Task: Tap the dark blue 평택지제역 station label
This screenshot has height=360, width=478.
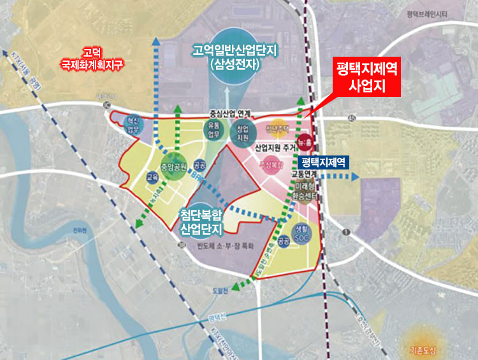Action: click(323, 162)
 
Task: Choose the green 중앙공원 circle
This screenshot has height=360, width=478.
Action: click(173, 168)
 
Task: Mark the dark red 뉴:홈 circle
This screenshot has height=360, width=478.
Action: click(305, 141)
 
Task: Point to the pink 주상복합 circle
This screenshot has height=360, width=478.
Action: click(270, 164)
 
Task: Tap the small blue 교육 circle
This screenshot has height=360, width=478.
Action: click(152, 177)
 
